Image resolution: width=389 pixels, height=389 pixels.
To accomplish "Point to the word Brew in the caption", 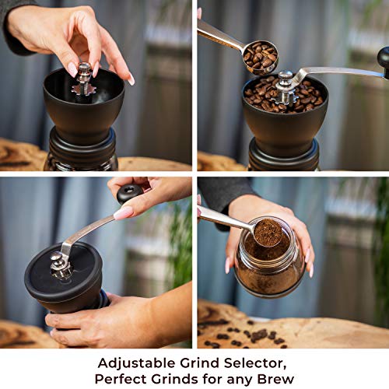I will click(273, 379).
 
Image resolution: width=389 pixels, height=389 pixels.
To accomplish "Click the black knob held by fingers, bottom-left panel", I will click(128, 192).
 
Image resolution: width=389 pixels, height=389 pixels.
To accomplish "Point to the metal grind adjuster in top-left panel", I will click(84, 79).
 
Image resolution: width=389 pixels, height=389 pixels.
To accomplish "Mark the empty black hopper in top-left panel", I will click(84, 109).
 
